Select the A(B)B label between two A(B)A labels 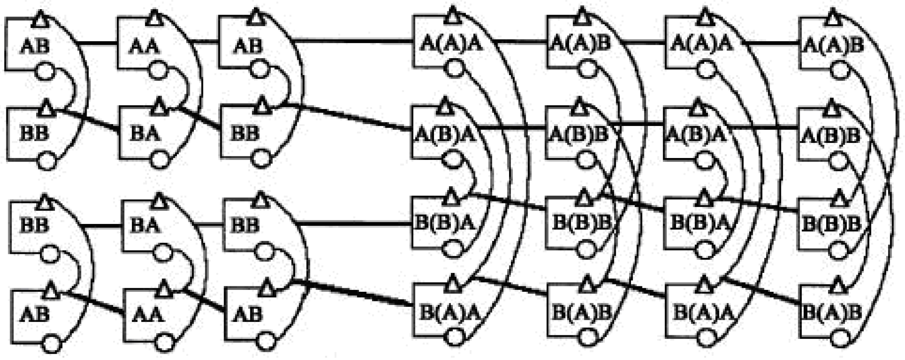tap(579, 135)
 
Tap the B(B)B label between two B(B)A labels tap(582, 224)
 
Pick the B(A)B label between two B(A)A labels tap(582, 313)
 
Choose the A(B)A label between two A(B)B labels tap(697, 135)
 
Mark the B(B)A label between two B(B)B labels tap(701, 224)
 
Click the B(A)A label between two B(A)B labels tap(703, 313)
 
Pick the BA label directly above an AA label tap(145, 225)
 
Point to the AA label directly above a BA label tap(144, 46)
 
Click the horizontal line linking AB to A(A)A tap(353, 43)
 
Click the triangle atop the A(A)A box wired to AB tap(452, 16)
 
